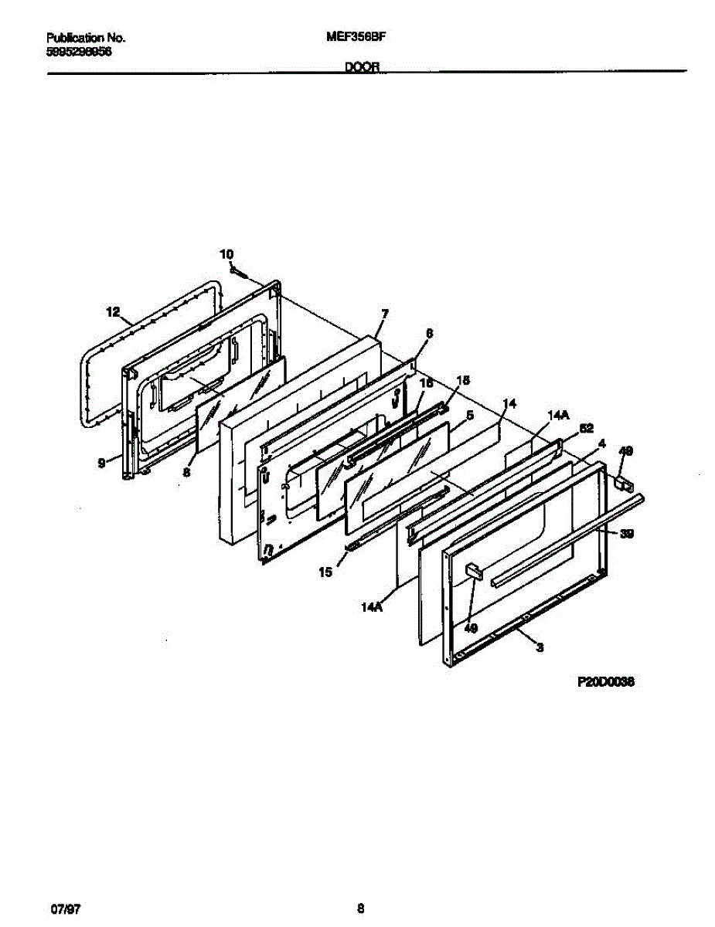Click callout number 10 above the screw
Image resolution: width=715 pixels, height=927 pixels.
(226, 253)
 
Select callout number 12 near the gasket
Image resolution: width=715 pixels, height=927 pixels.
(113, 312)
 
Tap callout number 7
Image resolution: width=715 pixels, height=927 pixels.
(384, 314)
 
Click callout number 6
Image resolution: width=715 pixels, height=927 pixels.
(429, 334)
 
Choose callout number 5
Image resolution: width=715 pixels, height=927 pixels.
(469, 414)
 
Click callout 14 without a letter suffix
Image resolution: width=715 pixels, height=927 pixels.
(509, 403)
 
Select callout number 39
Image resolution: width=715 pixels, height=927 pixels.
(627, 533)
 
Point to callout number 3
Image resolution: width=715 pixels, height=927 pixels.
(540, 648)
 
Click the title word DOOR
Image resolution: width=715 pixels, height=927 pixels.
(361, 67)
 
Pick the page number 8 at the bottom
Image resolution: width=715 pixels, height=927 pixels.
(360, 907)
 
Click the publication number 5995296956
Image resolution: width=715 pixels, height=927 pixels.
(80, 50)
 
